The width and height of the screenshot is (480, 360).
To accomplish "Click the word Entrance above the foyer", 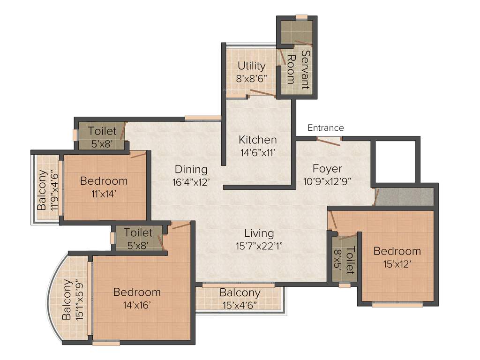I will [x=325, y=128].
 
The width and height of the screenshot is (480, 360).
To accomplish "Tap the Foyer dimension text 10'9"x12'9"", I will [x=328, y=180].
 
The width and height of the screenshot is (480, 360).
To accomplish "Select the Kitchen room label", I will [x=257, y=140].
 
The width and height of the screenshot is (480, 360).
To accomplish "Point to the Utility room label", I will [x=251, y=66].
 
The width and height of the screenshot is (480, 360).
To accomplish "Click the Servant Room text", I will [x=298, y=70].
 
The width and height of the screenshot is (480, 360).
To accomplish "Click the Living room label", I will [x=259, y=233].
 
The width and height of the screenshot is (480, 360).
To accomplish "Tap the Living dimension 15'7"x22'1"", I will [x=259, y=245].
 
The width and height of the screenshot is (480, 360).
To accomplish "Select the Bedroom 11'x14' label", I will [x=104, y=180].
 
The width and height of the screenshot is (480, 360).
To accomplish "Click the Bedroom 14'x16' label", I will [x=137, y=292].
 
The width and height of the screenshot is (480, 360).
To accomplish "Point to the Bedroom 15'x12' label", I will [x=397, y=251].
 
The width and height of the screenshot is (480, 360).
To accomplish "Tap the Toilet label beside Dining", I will [x=102, y=132].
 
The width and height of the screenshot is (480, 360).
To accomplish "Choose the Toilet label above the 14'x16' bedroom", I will [x=138, y=232].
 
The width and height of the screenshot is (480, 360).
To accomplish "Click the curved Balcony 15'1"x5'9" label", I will [x=68, y=300].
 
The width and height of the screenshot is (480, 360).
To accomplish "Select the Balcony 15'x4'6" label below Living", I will [x=240, y=293].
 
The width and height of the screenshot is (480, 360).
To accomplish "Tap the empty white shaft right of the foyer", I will [x=394, y=161].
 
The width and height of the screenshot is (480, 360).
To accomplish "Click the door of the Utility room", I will [x=262, y=93].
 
